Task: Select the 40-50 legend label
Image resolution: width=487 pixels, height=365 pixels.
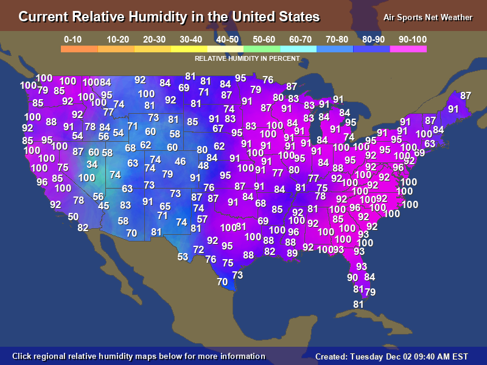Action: [x=227, y=40]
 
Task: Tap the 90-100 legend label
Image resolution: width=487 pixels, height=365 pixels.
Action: [x=413, y=40]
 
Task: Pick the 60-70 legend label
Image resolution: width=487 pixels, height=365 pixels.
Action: [x=301, y=40]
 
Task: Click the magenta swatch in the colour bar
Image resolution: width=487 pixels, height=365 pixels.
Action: [x=408, y=49]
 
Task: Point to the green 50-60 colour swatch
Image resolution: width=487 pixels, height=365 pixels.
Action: [x=262, y=49]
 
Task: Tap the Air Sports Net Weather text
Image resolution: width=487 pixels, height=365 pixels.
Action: [x=428, y=17]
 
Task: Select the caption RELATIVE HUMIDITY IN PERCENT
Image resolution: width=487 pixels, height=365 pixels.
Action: [x=247, y=59]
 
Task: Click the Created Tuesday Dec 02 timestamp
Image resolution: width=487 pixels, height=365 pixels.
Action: [x=391, y=356]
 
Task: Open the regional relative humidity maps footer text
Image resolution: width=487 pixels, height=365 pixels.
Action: [x=139, y=356]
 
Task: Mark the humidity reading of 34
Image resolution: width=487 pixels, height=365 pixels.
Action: [x=92, y=164]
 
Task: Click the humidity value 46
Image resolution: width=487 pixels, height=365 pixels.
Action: [x=180, y=162]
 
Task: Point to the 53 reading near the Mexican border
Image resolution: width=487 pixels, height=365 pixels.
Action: [x=183, y=257]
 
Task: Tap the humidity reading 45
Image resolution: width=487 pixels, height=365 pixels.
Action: [x=103, y=206]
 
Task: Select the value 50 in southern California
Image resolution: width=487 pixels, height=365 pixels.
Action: [x=73, y=217]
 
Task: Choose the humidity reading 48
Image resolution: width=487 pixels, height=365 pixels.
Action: [x=203, y=165]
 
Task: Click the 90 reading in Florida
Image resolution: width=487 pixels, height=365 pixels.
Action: [x=352, y=277]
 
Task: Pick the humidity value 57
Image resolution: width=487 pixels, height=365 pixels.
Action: [x=202, y=219]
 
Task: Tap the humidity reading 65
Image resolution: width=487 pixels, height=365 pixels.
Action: [x=165, y=206]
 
